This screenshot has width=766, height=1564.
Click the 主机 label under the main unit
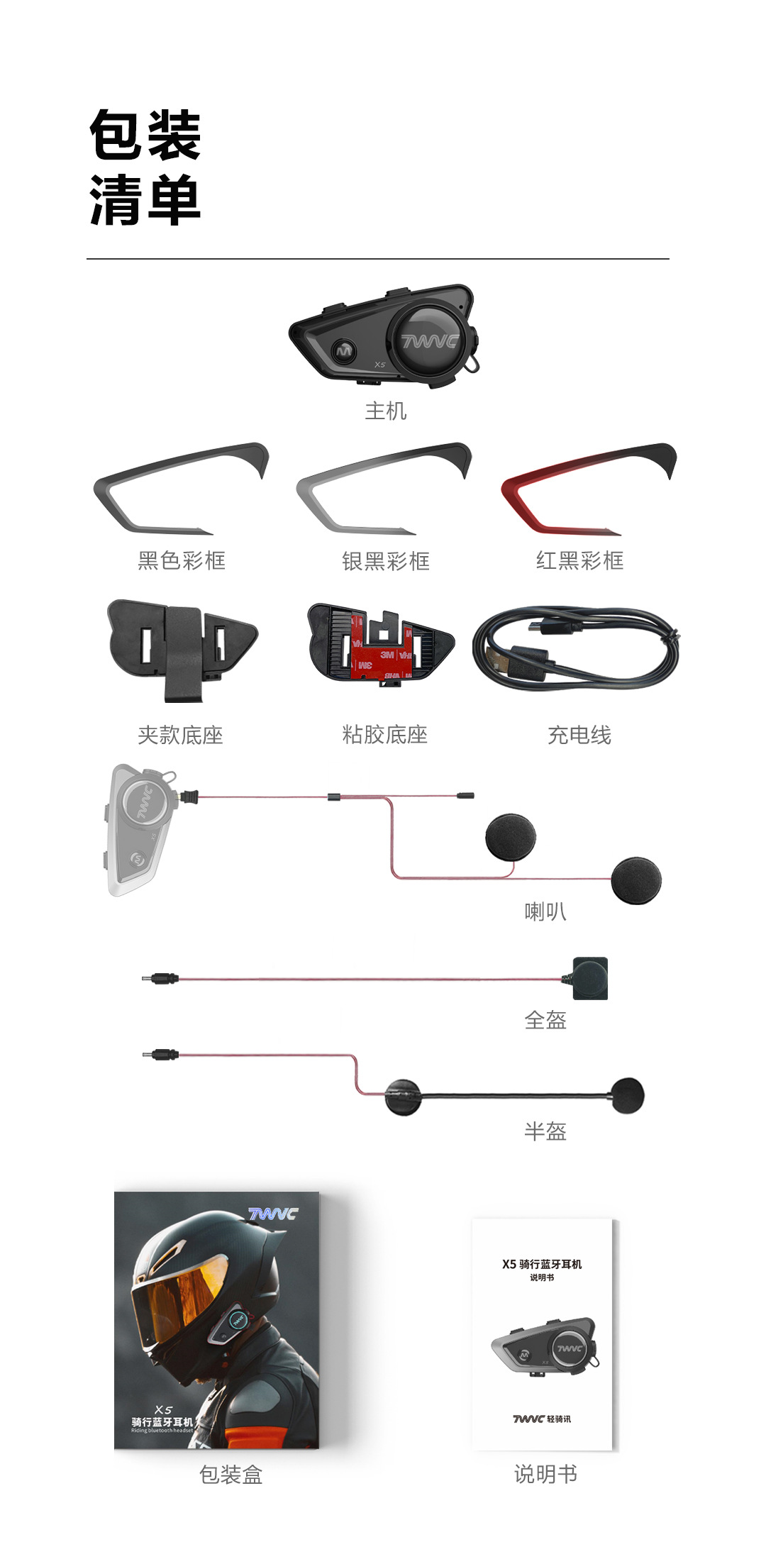[385, 411]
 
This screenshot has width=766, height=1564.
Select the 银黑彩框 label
[385, 561]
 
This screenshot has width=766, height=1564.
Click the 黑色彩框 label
[182, 560]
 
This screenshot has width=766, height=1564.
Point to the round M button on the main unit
[345, 350]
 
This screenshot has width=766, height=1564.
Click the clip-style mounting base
[182, 647]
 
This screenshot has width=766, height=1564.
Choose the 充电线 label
[579, 735]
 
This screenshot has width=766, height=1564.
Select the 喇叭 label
[545, 911]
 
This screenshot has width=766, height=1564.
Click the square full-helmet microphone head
[590, 978]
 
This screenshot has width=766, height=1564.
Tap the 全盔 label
[545, 1020]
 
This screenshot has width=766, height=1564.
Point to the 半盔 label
[545, 1131]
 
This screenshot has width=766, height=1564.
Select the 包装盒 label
[231, 1475]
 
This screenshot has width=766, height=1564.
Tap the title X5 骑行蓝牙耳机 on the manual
[542, 1264]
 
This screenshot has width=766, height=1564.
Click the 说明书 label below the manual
[545, 1474]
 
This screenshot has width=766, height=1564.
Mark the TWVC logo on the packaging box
[274, 1214]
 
